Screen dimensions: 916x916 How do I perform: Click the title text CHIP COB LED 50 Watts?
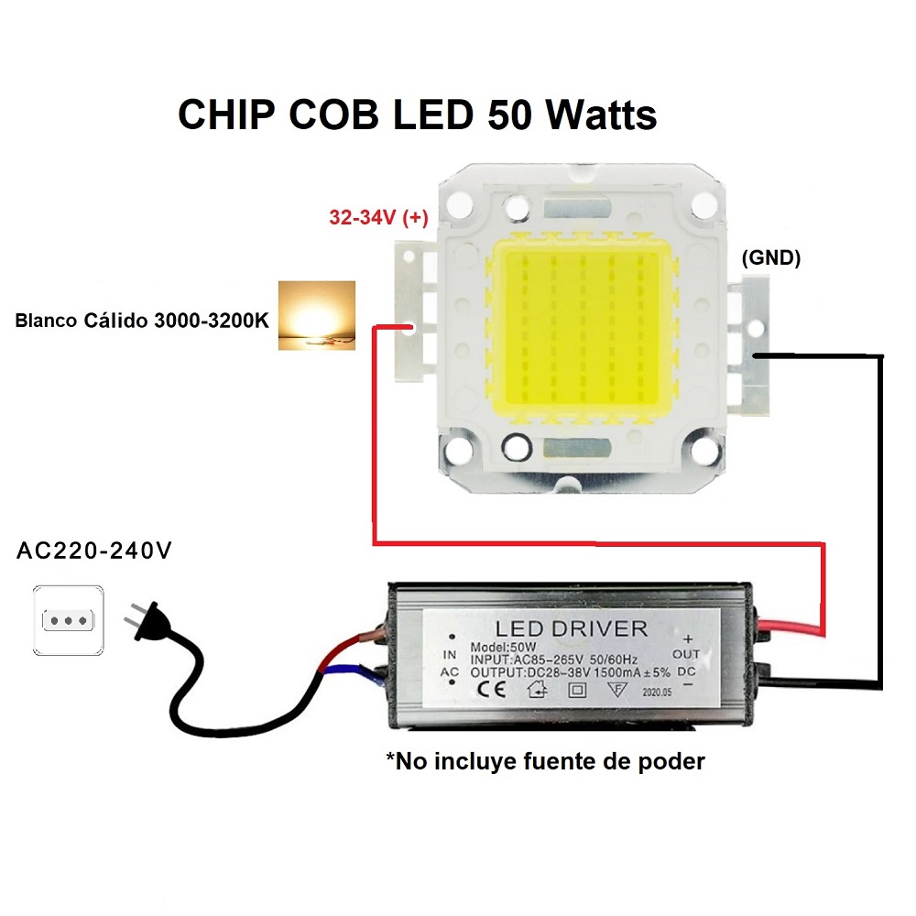click(x=417, y=114)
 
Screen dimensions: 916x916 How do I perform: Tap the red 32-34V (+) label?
click(x=378, y=217)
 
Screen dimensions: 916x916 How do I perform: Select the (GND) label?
click(x=771, y=257)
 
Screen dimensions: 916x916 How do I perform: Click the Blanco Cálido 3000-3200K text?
click(x=142, y=320)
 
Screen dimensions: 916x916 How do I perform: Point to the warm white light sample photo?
click(x=317, y=315)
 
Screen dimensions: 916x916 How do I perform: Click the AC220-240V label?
click(x=94, y=551)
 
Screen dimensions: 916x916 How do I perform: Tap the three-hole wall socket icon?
click(x=69, y=620)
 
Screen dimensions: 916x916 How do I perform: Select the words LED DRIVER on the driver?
click(x=572, y=628)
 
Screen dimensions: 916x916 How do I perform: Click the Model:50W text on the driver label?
click(x=503, y=648)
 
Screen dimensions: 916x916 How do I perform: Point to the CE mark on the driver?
click(x=491, y=690)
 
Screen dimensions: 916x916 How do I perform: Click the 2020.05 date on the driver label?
click(x=657, y=692)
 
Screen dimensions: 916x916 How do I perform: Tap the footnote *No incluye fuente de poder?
click(x=545, y=761)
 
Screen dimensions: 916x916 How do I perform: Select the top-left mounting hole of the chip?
click(x=459, y=204)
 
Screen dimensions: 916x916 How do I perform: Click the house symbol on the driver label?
click(x=538, y=691)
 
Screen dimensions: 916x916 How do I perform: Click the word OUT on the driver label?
click(x=686, y=654)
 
